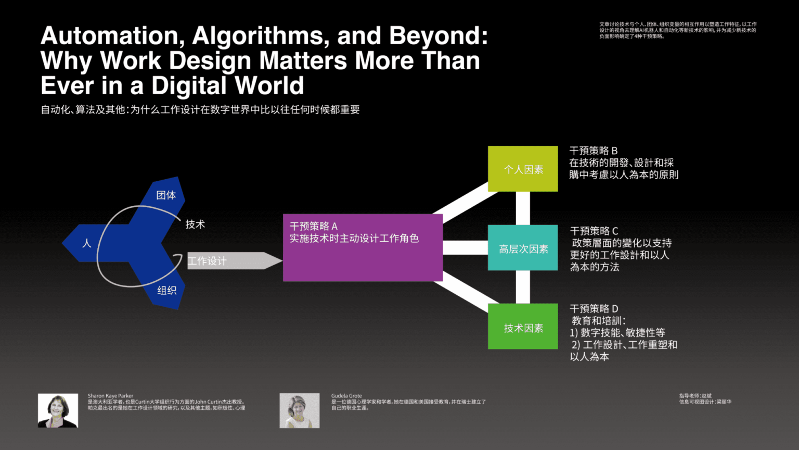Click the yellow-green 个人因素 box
(523, 169)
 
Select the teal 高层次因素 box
(523, 248)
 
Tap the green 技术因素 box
(523, 327)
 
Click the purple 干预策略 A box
(363, 247)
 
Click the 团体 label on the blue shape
(166, 195)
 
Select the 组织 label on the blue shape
(167, 290)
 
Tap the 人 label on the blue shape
(86, 243)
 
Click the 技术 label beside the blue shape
(195, 224)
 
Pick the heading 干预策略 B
(594, 151)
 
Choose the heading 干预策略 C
(594, 231)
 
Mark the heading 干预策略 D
(594, 308)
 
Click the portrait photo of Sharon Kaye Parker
(58, 410)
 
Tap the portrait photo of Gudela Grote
(300, 410)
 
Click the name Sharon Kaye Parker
(110, 396)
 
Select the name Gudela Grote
(346, 396)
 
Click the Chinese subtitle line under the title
(200, 109)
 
